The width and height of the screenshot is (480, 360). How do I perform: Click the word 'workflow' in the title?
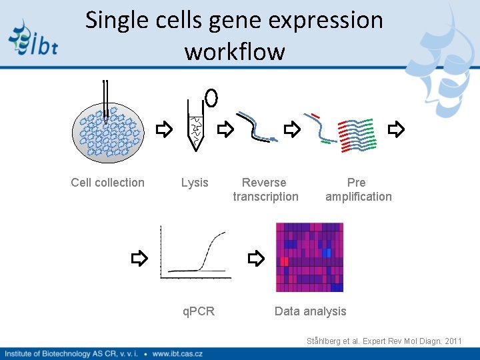point(235,51)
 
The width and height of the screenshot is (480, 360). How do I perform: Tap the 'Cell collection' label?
point(107,183)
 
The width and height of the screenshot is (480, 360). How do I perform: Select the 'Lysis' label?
point(195,183)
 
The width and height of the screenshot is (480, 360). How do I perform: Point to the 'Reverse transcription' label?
point(265,189)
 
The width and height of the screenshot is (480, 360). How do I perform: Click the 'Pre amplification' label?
point(358,189)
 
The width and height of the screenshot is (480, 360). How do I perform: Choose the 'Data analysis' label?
point(311,311)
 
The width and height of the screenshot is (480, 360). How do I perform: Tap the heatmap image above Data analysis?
point(309,257)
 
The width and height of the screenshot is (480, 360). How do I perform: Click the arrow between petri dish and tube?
point(163,129)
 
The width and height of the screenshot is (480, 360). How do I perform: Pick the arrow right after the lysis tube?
point(226,129)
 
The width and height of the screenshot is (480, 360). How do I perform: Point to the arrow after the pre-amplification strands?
point(396,129)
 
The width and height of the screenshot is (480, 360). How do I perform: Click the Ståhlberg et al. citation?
point(384,341)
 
